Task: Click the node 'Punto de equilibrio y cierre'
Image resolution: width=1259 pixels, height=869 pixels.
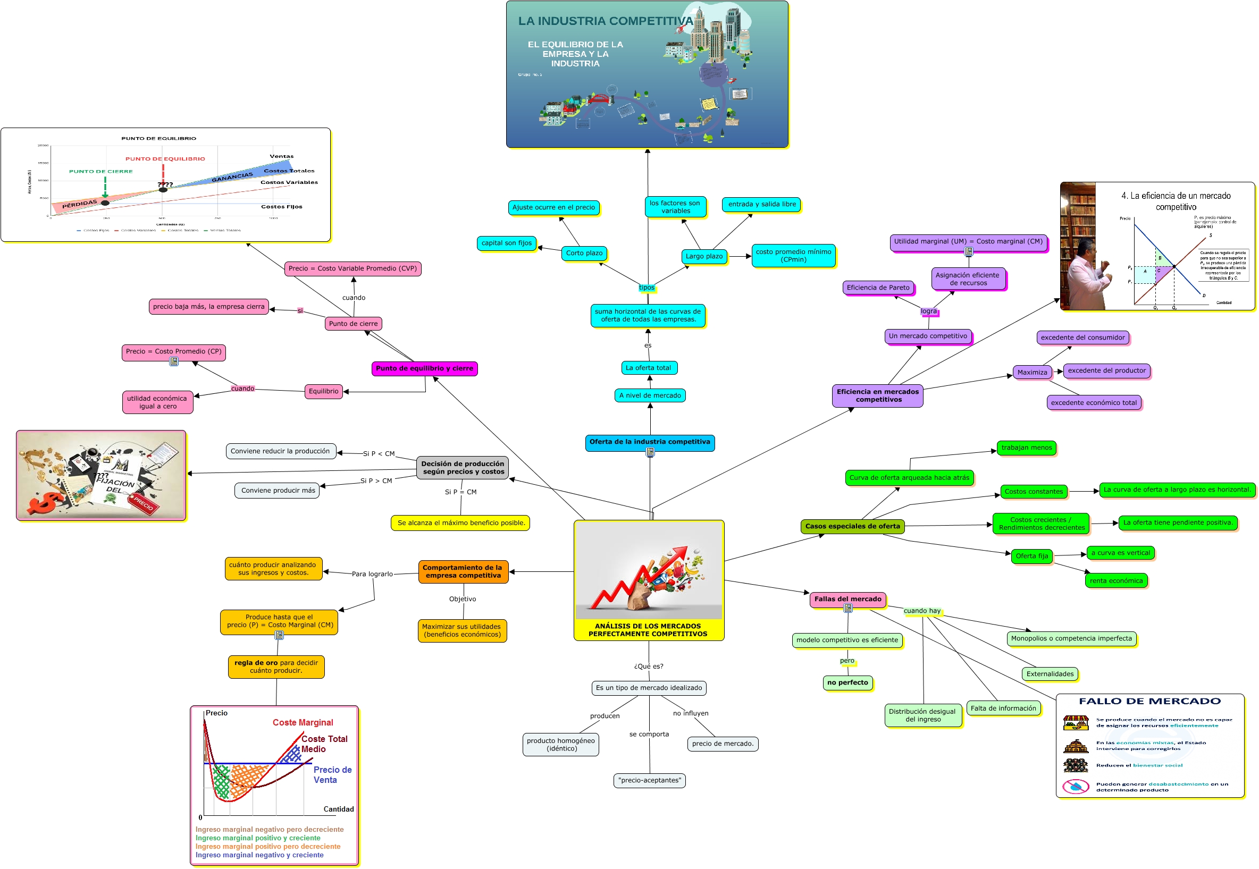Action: [x=424, y=369]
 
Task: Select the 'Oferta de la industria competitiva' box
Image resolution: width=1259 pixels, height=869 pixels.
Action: [x=650, y=442]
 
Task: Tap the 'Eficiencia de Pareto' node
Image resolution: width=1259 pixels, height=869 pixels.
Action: [x=878, y=288]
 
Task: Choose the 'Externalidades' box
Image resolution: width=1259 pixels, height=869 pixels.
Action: [x=1050, y=674]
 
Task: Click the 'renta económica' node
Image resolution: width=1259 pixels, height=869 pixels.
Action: [x=1116, y=581]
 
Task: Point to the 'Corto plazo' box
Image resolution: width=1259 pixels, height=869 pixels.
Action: [x=584, y=253]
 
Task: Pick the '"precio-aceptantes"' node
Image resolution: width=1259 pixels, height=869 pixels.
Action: [x=649, y=780]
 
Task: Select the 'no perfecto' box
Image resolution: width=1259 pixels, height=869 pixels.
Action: [x=847, y=683]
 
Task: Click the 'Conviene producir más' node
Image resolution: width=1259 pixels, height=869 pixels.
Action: [x=278, y=491]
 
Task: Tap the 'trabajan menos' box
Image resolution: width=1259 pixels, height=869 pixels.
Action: [x=1027, y=448]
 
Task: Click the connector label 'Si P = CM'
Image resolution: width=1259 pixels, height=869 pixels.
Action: [x=460, y=492]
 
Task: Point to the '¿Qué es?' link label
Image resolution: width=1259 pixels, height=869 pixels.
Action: [x=649, y=666]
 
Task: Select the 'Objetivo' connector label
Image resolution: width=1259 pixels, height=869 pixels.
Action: [x=463, y=599]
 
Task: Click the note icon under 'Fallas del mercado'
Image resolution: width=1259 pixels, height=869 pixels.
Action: [x=848, y=608]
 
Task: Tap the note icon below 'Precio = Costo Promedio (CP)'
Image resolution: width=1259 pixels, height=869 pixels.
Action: [x=174, y=361]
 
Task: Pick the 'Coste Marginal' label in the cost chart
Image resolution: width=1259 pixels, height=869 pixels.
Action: [x=303, y=722]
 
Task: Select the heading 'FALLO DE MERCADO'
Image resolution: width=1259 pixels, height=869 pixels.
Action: [x=1149, y=701]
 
